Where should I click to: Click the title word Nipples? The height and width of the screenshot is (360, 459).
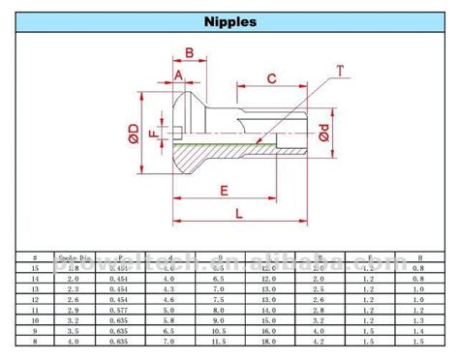(x=229, y=20)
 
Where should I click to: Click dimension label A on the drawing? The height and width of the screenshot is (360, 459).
(x=179, y=74)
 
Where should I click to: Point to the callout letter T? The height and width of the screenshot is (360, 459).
(x=340, y=70)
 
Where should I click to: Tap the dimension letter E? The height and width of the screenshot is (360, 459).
(x=224, y=189)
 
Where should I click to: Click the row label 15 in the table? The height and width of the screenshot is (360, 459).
(x=35, y=267)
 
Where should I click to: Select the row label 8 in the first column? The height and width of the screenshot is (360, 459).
(x=35, y=342)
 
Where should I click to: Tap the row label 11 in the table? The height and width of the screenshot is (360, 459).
(x=35, y=310)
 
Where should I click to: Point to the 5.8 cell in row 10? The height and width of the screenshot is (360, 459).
(x=168, y=320)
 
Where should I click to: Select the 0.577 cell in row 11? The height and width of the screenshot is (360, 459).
(x=119, y=310)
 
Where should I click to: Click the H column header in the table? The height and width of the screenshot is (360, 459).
(x=416, y=257)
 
